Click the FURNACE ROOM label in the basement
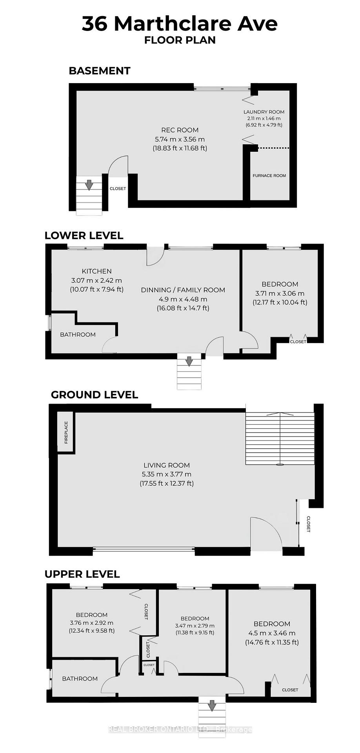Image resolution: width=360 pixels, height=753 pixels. point(269,176)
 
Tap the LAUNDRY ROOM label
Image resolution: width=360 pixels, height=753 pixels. point(264,112)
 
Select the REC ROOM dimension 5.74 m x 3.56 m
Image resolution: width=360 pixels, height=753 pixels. point(180,139)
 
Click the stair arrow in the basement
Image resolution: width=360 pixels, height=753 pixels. point(89,184)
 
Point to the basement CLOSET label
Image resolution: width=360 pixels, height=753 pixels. point(118,189)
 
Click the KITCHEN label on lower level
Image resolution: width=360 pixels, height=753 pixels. point(96,271)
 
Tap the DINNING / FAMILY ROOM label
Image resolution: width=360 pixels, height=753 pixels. point(183,290)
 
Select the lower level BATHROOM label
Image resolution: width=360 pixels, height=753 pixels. point(78,335)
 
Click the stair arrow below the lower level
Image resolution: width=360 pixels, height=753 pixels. point(189,361)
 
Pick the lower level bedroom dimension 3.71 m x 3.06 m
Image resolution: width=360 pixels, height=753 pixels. point(280,293)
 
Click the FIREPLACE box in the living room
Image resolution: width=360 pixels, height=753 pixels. point(66,432)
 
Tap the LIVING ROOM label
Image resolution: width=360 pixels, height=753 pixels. point(166,465)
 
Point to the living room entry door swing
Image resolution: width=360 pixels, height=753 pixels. point(266,533)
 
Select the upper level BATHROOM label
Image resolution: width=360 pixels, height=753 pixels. point(80,678)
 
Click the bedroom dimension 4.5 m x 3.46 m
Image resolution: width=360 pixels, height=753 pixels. point(272,633)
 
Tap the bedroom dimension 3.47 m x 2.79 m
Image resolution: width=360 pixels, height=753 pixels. point(195,626)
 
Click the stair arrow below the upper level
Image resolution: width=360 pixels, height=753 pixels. point(212,705)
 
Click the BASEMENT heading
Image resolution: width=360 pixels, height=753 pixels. point(99,71)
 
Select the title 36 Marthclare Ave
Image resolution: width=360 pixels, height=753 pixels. point(180,24)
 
